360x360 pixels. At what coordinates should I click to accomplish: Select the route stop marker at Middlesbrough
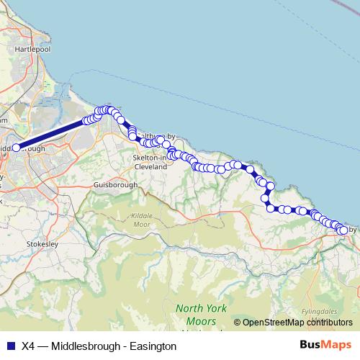coord(16,148)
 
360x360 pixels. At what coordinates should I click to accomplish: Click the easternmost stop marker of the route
coord(343,230)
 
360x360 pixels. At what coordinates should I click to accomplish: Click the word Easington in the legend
coord(152,346)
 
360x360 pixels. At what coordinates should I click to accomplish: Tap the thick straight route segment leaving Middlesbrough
coord(50,134)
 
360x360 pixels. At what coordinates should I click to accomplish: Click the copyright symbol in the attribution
coord(237,323)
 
